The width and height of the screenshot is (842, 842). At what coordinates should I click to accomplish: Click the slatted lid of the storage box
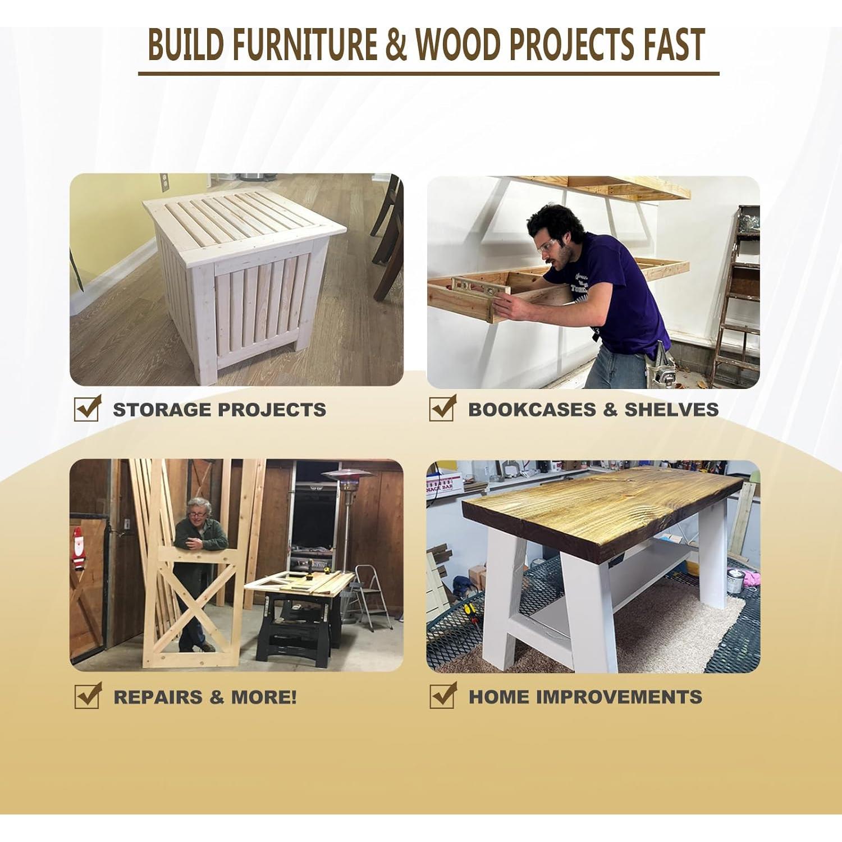point(244,218)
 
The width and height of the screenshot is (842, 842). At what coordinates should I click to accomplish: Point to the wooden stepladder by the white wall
point(735,298)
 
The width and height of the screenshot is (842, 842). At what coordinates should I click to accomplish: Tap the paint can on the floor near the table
point(735,582)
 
